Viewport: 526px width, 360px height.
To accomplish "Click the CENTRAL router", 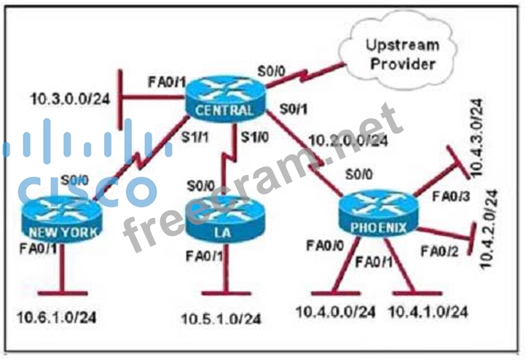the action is pyautogui.click(x=225, y=98).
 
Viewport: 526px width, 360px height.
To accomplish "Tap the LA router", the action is pyautogui.click(x=225, y=219).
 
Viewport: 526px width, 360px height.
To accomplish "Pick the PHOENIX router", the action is pyautogui.click(x=378, y=215).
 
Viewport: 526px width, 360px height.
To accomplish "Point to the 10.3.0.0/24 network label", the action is pyautogui.click(x=70, y=99).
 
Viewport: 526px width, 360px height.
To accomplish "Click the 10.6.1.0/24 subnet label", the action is pyautogui.click(x=56, y=317).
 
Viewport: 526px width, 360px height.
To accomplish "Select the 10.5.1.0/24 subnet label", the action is pyautogui.click(x=221, y=318).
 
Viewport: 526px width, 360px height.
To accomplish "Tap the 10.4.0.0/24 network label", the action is pyautogui.click(x=335, y=312).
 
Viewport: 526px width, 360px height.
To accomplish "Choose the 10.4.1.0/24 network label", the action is pyautogui.click(x=428, y=312).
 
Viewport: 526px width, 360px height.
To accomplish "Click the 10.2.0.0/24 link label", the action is pyautogui.click(x=348, y=140).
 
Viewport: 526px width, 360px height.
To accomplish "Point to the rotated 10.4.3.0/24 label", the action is pyautogui.click(x=476, y=138).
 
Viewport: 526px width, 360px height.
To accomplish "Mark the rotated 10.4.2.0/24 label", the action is pyautogui.click(x=489, y=229).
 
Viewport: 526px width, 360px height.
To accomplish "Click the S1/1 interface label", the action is pyautogui.click(x=195, y=137).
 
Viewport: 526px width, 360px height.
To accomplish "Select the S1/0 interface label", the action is pyautogui.click(x=255, y=137).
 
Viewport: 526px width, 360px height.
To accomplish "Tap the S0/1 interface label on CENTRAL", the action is pyautogui.click(x=294, y=109).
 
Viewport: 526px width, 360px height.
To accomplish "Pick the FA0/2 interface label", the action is pyautogui.click(x=439, y=251).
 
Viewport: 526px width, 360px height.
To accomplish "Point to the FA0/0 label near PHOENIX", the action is pyautogui.click(x=325, y=246).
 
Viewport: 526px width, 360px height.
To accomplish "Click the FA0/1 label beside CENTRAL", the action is pyautogui.click(x=167, y=82).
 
